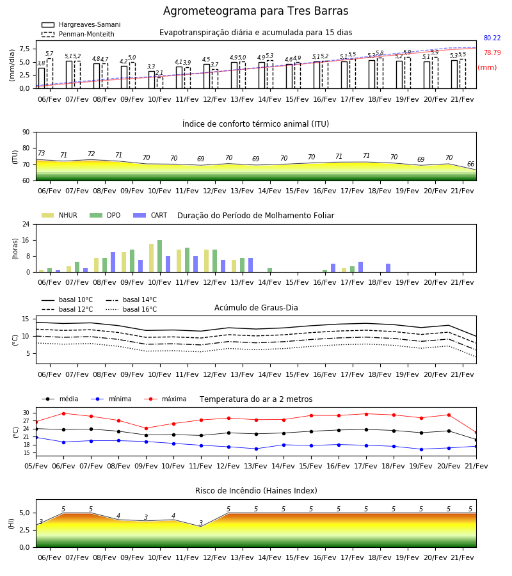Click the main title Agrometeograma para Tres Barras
pyautogui.click(x=255, y=11)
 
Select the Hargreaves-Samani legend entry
pyautogui.click(x=81, y=24)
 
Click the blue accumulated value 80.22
pyautogui.click(x=492, y=38)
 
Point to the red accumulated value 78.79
pyautogui.click(x=492, y=52)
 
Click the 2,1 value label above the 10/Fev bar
pyautogui.click(x=159, y=73)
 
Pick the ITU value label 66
pyautogui.click(x=470, y=164)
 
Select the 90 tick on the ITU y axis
pyautogui.click(x=26, y=132)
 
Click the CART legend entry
pyautogui.click(x=150, y=215)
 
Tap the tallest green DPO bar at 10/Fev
pyautogui.click(x=160, y=256)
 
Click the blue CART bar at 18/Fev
pyautogui.click(x=388, y=268)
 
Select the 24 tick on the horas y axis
pyautogui.click(x=26, y=224)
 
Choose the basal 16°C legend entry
pyautogui.click(x=131, y=309)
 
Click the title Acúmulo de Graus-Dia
pyautogui.click(x=256, y=307)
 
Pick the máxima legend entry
pyautogui.click(x=165, y=399)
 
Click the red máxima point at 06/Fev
pyautogui.click(x=63, y=413)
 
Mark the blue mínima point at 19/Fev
pyautogui.click(x=421, y=449)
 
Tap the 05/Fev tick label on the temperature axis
pyautogui.click(x=36, y=466)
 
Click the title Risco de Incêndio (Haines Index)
pyautogui.click(x=256, y=491)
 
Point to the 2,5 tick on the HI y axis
pyautogui.click(x=25, y=530)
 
